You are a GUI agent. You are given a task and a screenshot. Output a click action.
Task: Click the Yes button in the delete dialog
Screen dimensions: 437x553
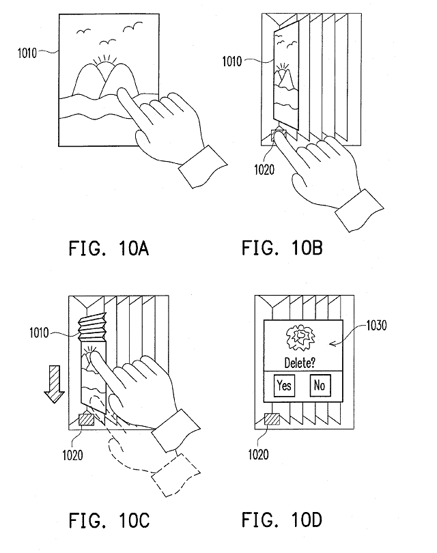coord(284,386)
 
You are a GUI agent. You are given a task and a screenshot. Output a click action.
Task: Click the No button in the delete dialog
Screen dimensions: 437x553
coord(320,386)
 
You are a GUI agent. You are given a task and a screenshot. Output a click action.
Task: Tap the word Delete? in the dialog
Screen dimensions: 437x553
coord(300,363)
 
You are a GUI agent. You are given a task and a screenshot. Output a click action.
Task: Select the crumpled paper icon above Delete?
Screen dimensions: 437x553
coord(300,338)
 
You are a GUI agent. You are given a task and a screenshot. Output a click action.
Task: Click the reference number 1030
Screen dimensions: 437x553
coord(376,325)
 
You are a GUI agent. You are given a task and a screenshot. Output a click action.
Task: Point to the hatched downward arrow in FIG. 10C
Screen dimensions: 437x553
coord(55,384)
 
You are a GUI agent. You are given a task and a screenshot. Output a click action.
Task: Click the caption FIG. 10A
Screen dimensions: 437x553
coord(109,249)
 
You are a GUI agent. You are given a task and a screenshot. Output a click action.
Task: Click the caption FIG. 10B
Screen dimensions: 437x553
coord(282,248)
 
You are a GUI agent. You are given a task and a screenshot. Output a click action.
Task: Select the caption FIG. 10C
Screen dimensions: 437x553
coord(109,520)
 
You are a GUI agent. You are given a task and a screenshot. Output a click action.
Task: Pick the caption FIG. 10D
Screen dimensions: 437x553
coord(282,520)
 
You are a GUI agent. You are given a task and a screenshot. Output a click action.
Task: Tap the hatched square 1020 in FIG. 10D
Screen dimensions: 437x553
coord(272,419)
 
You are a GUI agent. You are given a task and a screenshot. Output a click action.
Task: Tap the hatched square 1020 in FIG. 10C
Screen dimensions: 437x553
coord(87,420)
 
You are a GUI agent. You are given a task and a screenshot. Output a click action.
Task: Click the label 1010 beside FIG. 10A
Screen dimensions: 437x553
coord(27,53)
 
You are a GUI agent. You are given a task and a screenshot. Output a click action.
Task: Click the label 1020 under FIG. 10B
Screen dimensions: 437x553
coord(264,170)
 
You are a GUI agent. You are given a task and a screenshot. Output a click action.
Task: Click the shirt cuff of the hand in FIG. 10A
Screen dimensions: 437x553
coord(203,167)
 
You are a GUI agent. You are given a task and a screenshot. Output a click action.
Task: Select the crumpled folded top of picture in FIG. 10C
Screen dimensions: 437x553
coord(92,327)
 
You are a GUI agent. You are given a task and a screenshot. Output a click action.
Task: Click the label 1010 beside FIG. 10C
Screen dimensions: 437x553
coord(39,332)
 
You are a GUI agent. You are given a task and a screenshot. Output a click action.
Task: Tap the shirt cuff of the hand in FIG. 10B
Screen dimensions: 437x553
coord(359,210)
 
